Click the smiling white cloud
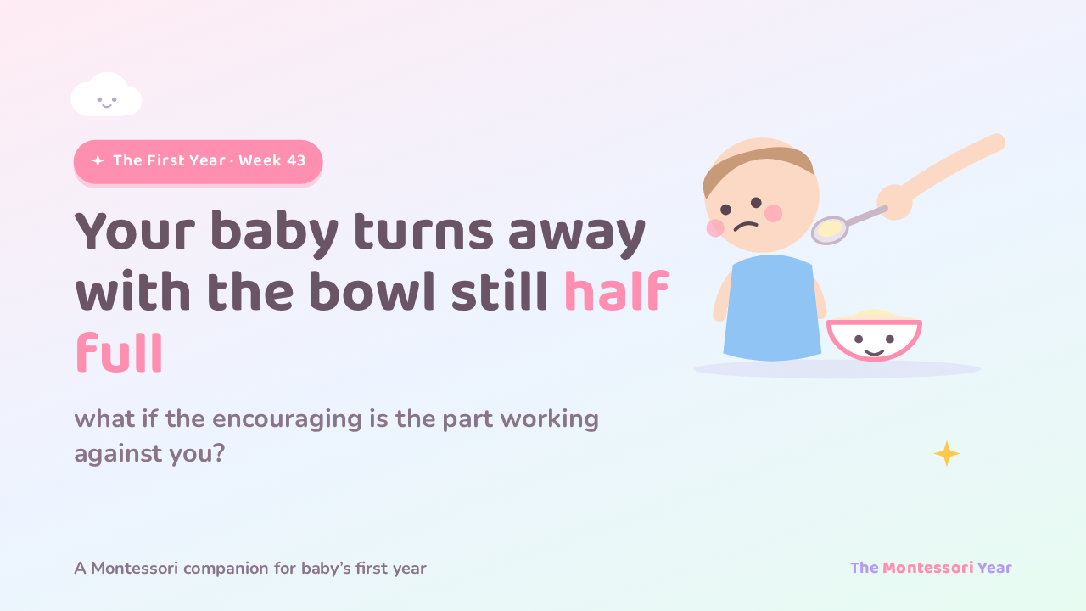pos(106,95)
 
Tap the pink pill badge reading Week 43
pos(198,161)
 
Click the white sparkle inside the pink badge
pos(98,160)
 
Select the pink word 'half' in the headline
pos(617,290)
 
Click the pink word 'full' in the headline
pos(120,352)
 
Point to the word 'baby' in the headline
pos(274,233)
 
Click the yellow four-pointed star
pos(946,454)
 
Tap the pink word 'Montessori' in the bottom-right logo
pos(927,568)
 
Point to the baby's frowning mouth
pos(746,226)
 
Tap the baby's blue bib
pos(772,308)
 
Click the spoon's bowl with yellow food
pos(830,229)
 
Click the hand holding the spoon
pos(895,202)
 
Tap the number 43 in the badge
pos(296,160)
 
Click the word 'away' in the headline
pos(577,233)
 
